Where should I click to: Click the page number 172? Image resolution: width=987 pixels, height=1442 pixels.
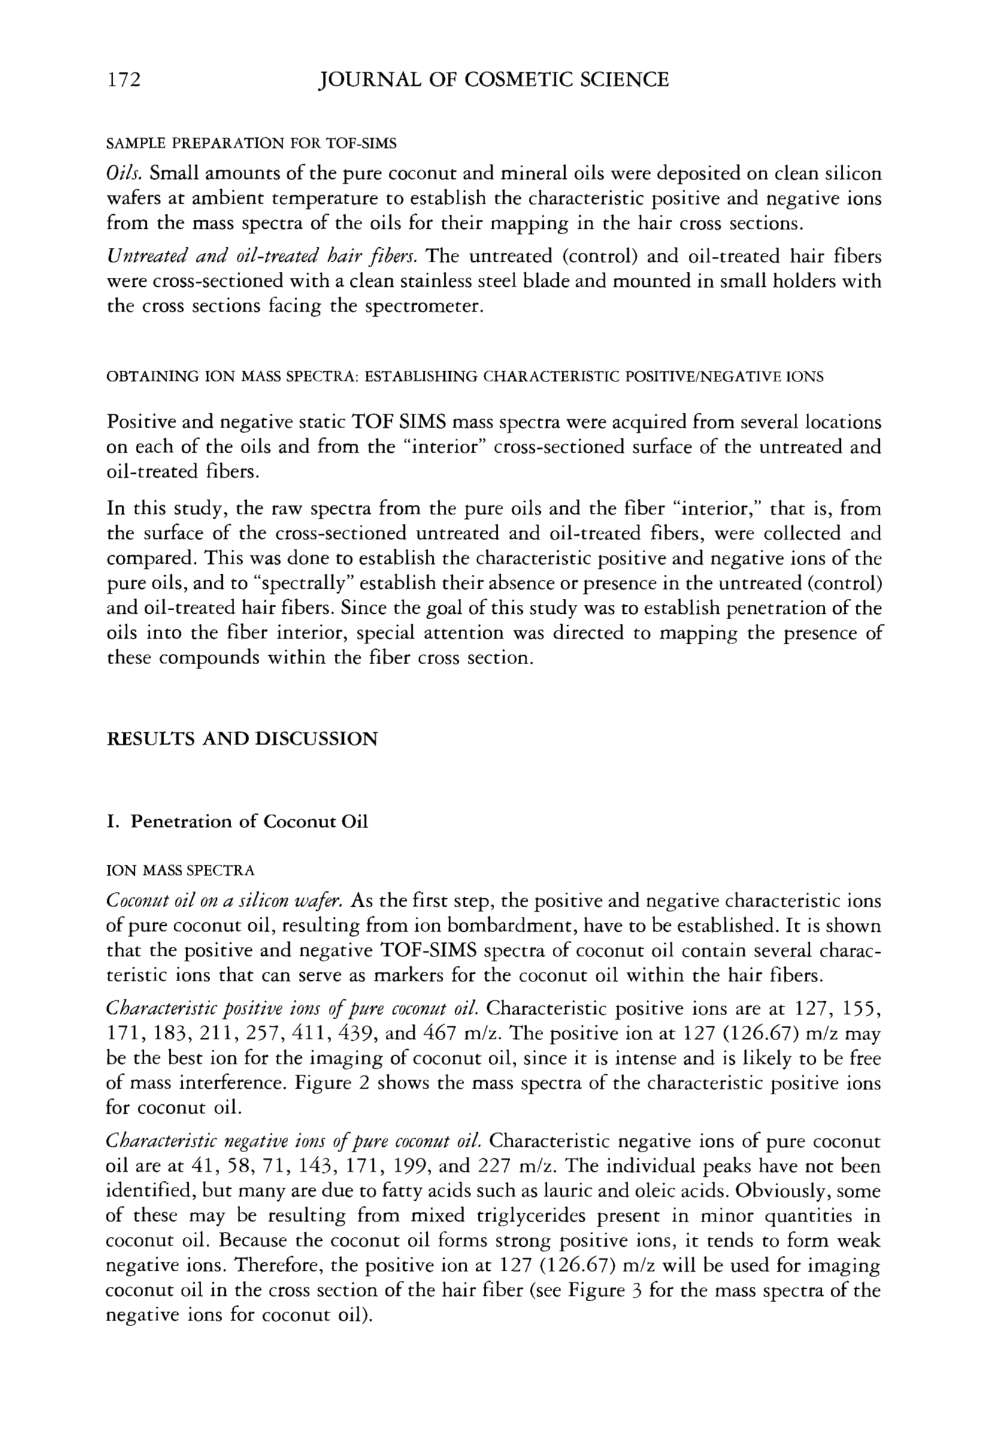123,80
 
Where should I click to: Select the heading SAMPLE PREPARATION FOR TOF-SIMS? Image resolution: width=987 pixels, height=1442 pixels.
252,144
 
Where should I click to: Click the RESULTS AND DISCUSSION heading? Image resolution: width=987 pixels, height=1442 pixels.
242,739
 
